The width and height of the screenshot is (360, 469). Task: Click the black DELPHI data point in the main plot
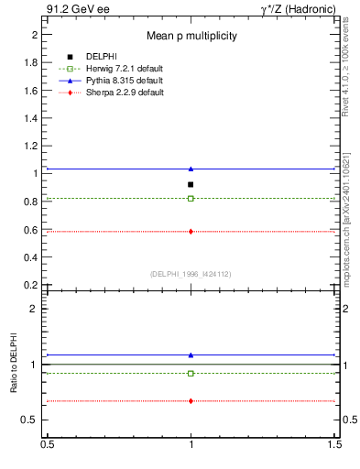[x=191, y=184]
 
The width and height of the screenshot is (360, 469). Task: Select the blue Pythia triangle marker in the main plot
[x=191, y=169]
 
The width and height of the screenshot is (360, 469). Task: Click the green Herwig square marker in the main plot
[x=191, y=198]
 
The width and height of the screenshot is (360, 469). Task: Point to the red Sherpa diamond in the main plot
[x=191, y=232]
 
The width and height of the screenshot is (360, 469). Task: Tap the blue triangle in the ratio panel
[x=191, y=354]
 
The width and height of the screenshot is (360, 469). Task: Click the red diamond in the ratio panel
[x=191, y=400]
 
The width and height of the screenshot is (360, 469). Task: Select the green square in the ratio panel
[x=191, y=373]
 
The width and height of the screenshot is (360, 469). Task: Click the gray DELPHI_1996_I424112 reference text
[x=191, y=274]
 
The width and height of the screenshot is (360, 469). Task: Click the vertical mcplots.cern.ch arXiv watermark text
[x=349, y=220]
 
